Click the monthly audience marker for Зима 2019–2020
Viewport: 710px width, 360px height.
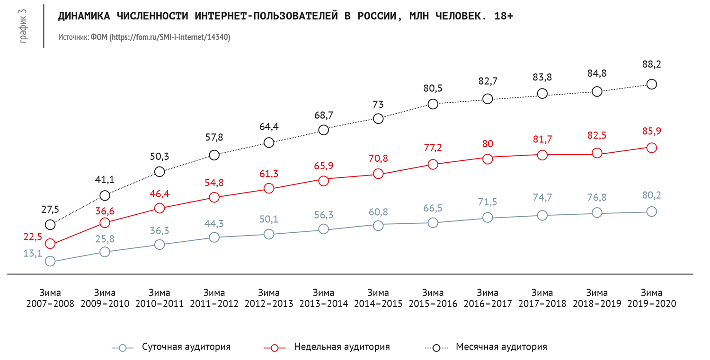[x=651, y=84]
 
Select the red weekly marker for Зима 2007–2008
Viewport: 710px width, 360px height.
[x=50, y=244]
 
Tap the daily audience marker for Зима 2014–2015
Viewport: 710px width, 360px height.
[x=378, y=226]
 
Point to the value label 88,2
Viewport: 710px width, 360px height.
[x=651, y=64]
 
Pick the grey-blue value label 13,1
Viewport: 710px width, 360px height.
[x=33, y=253]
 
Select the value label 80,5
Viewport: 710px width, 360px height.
[x=432, y=88]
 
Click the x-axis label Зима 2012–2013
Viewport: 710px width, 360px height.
[x=268, y=299]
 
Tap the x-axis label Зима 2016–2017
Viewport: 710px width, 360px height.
[x=488, y=299]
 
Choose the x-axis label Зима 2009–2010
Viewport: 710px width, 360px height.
[x=105, y=299]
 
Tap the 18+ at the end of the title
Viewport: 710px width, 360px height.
[x=503, y=17]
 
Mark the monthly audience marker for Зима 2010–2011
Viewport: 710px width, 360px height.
[x=160, y=171]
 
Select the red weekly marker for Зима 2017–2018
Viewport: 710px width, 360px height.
[x=542, y=155]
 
